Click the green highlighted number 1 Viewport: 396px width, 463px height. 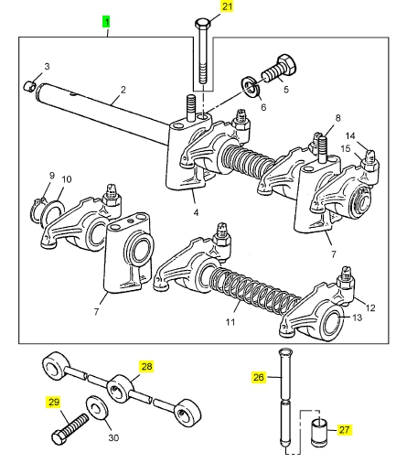tap(106, 22)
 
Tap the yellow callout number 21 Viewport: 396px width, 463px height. tap(227, 6)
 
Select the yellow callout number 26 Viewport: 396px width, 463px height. tap(258, 377)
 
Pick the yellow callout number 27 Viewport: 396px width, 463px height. tap(344, 430)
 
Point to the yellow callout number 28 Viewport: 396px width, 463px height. tap(146, 366)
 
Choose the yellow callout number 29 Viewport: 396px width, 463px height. tap(53, 402)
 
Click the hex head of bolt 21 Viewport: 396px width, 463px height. tap(202, 23)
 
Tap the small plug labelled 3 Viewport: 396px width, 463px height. tap(29, 86)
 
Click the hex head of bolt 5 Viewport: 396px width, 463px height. tap(287, 64)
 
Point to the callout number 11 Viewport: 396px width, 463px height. tap(230, 322)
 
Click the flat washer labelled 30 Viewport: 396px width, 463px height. tap(98, 409)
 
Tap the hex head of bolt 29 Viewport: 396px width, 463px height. tap(58, 438)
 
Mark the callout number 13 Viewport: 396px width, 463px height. tap(357, 318)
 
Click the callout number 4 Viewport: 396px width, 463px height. tap(196, 212)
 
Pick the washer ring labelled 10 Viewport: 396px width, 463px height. tap(52, 212)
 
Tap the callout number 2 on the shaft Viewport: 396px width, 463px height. tap(123, 90)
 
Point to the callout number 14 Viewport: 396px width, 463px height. tap(350, 135)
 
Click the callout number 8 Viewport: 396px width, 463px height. tap(337, 118)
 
